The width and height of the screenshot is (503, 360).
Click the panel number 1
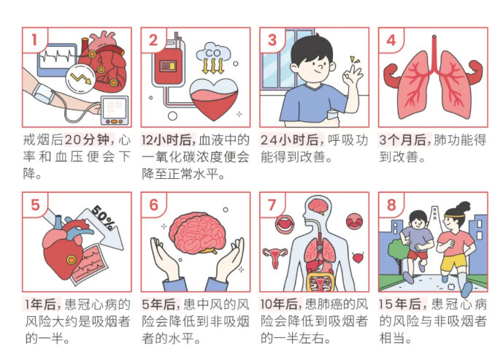[34, 40]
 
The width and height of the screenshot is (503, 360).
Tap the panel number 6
[154, 205]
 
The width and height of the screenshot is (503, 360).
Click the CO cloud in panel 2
[213, 52]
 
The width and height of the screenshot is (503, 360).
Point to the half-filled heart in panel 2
[214, 99]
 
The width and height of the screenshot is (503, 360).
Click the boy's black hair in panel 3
[310, 49]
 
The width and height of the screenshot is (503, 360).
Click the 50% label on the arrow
[103, 218]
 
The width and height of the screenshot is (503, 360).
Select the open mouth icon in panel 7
[284, 223]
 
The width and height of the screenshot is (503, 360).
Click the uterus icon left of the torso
[274, 257]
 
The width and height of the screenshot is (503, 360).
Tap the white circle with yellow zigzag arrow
[80, 79]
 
